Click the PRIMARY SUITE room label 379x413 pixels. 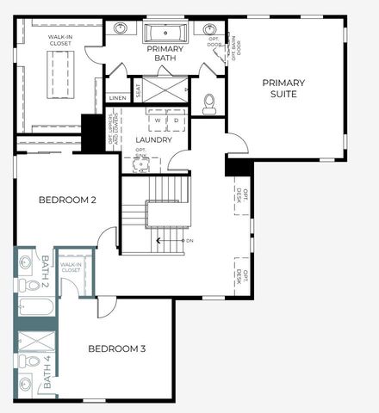click(x=284, y=89)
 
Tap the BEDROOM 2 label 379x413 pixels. click(x=67, y=200)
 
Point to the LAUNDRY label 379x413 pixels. click(x=154, y=139)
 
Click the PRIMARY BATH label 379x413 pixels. click(x=164, y=53)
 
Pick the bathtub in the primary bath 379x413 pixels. click(x=165, y=34)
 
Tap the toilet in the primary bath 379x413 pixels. click(x=208, y=104)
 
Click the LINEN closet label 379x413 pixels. click(x=118, y=98)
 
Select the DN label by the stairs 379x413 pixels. click(x=189, y=240)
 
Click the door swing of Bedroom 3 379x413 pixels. click(x=105, y=306)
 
